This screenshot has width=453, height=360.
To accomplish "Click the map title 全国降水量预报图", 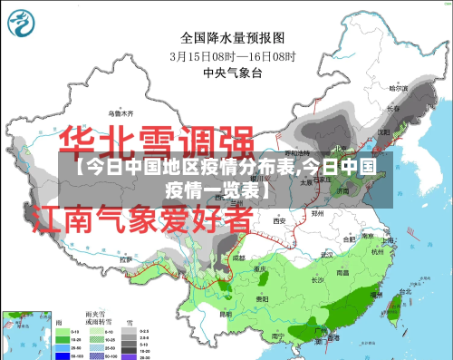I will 233,38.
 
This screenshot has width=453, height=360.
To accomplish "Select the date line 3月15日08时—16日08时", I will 233,55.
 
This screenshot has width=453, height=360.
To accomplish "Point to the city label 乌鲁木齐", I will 120,113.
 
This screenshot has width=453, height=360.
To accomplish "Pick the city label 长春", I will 391,109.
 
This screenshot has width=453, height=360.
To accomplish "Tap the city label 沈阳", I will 383,131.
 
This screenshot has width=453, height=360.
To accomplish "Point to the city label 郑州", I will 316,214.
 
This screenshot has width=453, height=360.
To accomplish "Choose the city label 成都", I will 237,258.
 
